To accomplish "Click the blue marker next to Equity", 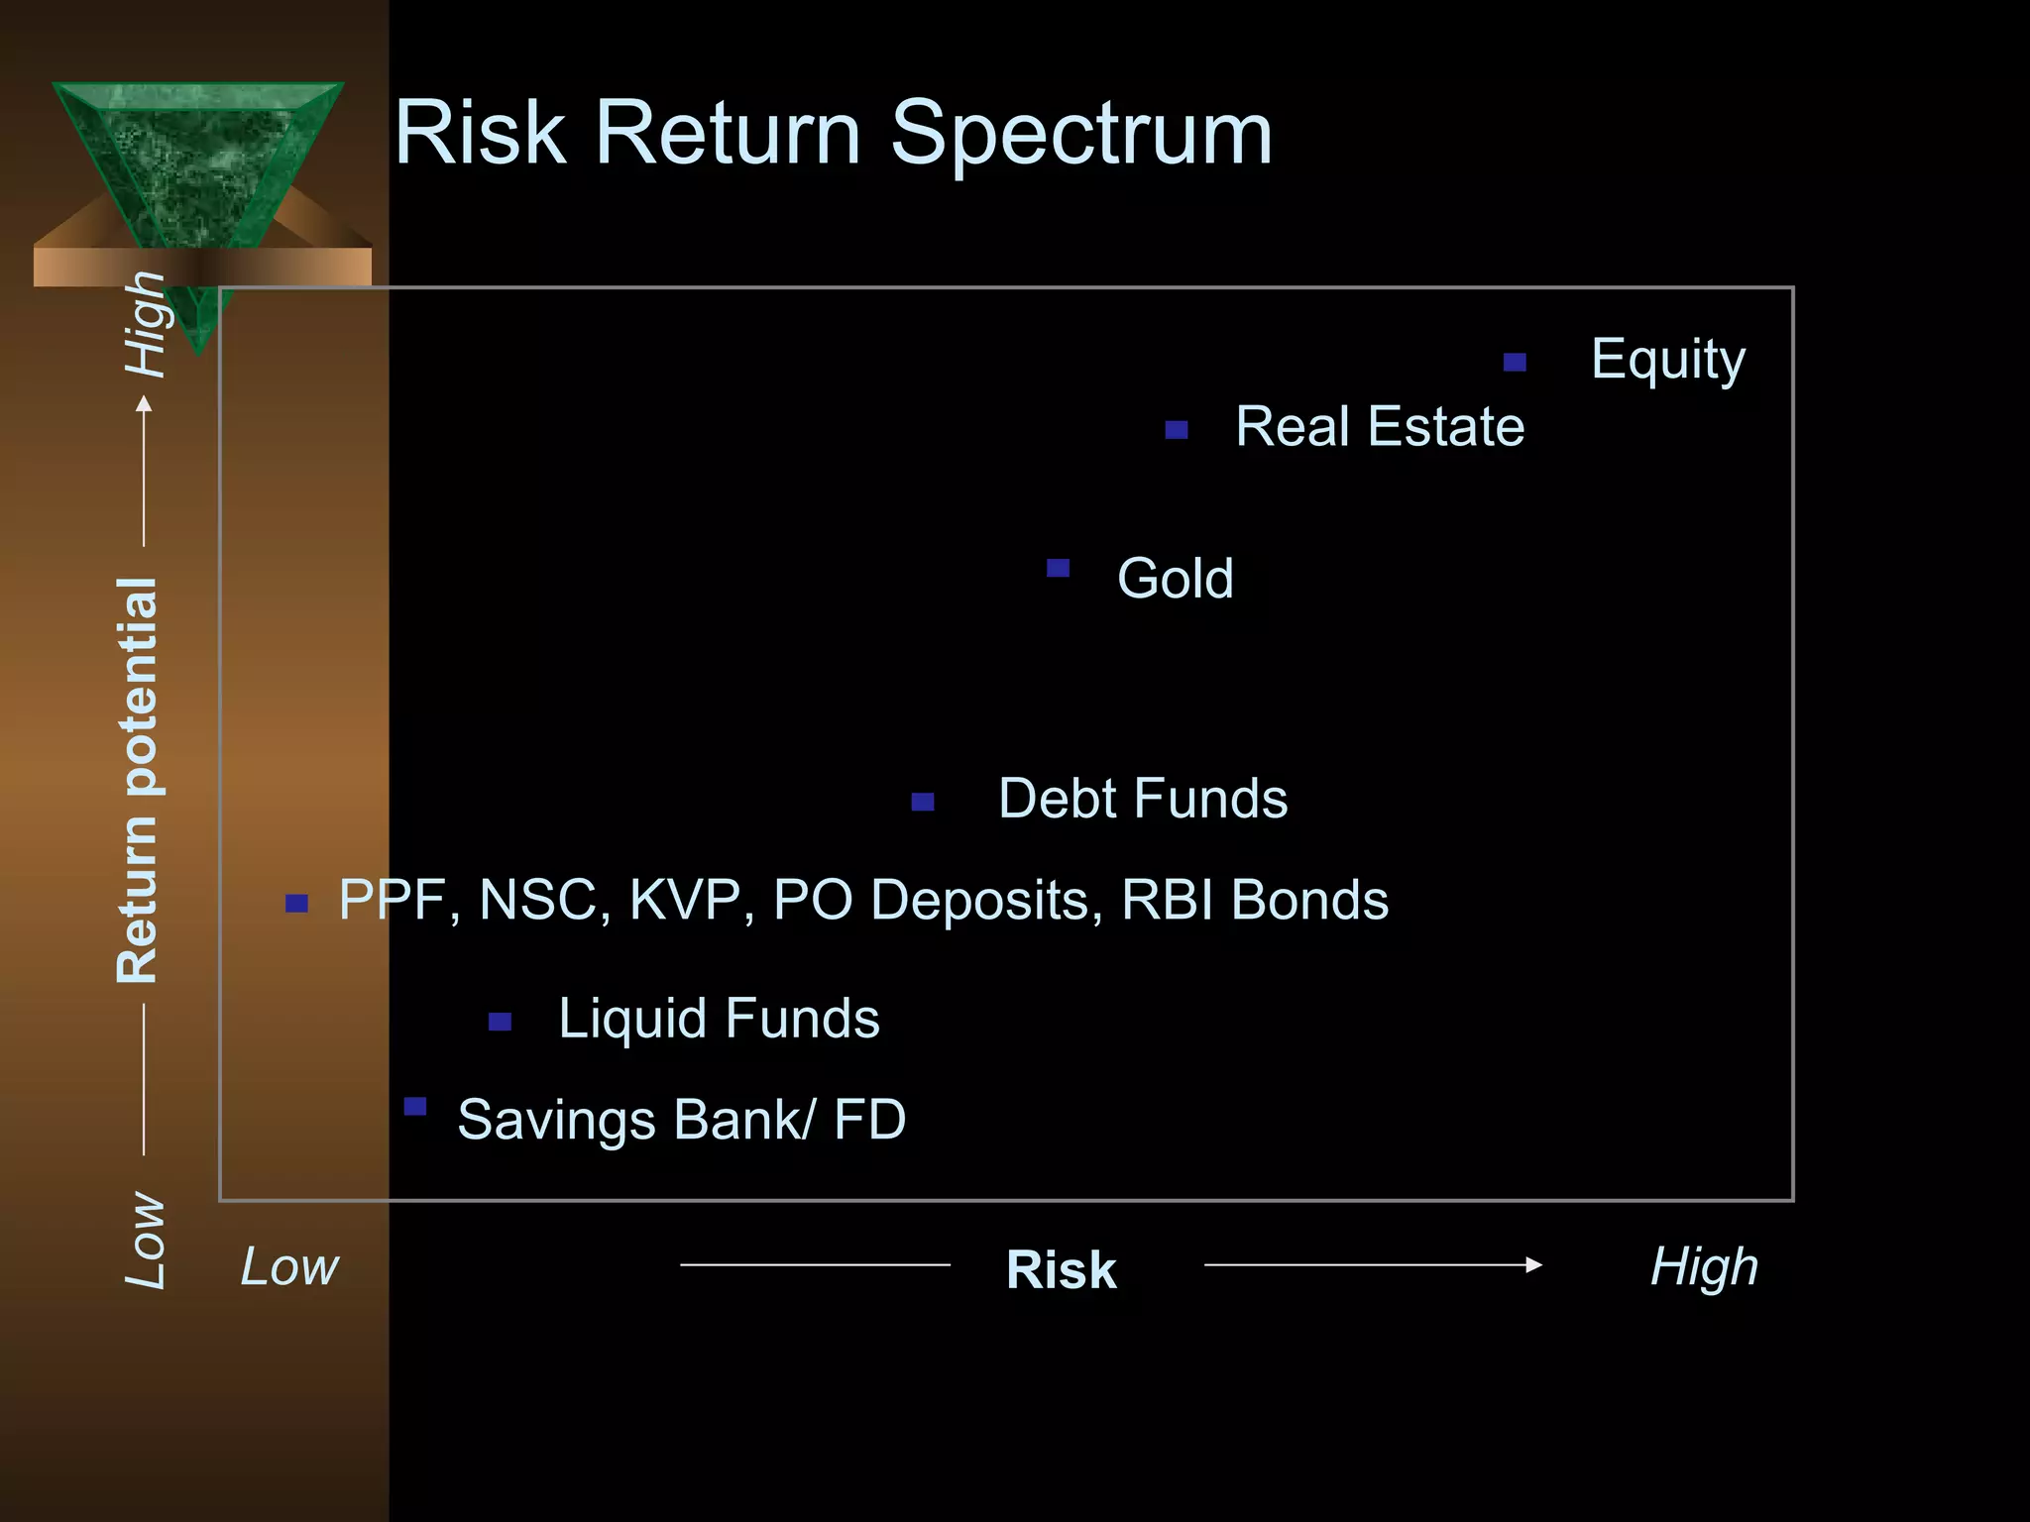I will pos(1515,363).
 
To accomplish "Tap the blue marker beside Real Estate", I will pos(1177,430).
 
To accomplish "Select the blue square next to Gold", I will pos(1058,568).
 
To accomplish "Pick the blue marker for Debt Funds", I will pos(923,802).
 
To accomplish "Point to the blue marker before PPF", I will pos(296,903).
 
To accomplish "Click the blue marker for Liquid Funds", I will pos(501,1022).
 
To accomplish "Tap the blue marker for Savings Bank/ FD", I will pos(415,1106).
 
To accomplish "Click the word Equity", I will pos(1667,360).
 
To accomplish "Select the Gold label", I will pos(1176,578).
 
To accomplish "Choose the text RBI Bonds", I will pos(1255,900).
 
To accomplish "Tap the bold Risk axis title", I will pos(1061,1269).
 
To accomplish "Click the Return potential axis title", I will pos(137,780).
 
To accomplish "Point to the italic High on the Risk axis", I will pos(1704,1267).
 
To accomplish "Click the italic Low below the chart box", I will pos(289,1266).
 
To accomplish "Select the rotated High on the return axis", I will pos(145,325).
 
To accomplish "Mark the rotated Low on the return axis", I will pos(145,1240).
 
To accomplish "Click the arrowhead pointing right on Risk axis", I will pos(1533,1264).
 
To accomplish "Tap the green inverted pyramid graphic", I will pos(198,168).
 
